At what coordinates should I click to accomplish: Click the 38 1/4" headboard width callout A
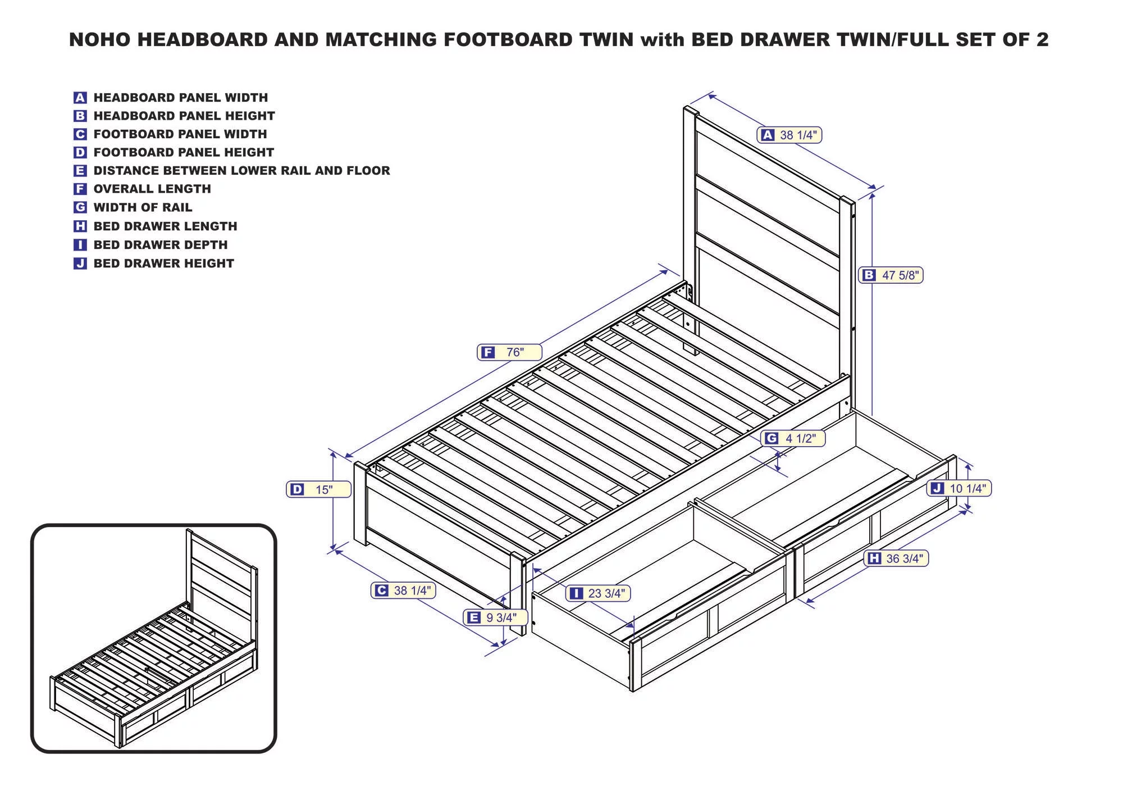point(789,135)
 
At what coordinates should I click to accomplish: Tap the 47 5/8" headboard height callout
point(891,275)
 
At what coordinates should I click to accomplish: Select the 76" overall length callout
point(509,352)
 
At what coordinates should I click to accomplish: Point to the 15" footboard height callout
point(318,489)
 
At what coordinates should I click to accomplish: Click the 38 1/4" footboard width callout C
point(403,590)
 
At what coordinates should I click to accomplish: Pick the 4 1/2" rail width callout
point(793,438)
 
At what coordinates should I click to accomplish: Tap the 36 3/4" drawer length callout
point(898,558)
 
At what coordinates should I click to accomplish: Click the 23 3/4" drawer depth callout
point(599,593)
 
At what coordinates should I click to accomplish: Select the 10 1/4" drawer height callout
point(959,488)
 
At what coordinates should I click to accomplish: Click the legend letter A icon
point(80,98)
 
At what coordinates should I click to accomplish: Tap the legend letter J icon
point(80,264)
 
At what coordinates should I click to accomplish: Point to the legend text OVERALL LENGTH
point(152,189)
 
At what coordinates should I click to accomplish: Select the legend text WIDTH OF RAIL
point(143,208)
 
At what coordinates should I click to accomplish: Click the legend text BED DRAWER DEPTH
point(161,245)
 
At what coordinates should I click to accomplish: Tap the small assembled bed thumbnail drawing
point(154,638)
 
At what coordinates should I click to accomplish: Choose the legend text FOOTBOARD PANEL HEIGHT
point(184,152)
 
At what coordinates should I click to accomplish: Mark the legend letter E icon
point(80,171)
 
